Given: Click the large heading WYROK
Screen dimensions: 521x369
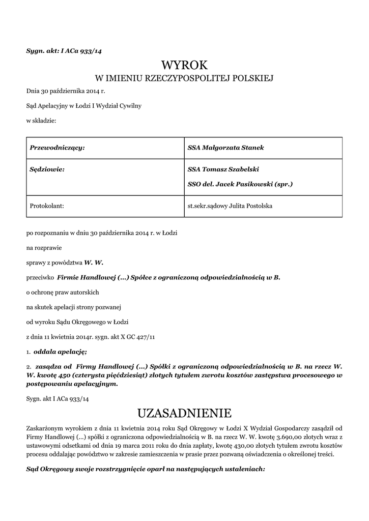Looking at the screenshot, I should (185, 65).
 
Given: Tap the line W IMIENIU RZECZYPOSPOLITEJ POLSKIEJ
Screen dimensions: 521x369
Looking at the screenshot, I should (185, 78).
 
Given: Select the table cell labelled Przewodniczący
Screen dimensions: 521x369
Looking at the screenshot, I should (58, 148).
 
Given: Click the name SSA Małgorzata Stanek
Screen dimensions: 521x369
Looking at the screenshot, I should (226, 148).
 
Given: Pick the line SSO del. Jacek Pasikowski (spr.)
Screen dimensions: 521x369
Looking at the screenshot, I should (240, 184).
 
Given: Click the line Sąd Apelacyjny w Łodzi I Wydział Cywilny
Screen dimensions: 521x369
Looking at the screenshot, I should (84, 106).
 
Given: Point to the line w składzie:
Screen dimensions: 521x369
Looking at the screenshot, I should (41, 120).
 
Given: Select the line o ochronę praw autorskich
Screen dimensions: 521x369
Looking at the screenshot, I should (63, 293).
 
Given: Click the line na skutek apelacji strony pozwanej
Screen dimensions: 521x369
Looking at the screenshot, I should (73, 307).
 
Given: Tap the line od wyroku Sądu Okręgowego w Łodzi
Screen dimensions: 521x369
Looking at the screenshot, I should (77, 322).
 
